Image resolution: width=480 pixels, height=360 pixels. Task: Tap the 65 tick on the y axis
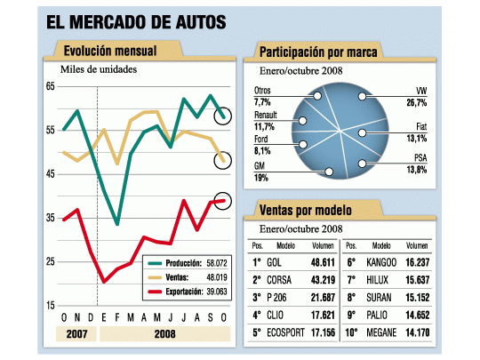pyautogui.click(x=51, y=86)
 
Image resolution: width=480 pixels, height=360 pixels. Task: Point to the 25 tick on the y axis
pyautogui.click(x=51, y=261)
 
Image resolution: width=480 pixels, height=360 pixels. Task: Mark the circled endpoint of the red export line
pyautogui.click(x=223, y=201)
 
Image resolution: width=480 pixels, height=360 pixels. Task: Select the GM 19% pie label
pyautogui.click(x=262, y=172)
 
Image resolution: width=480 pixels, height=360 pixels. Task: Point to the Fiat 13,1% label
pyautogui.click(x=418, y=132)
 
